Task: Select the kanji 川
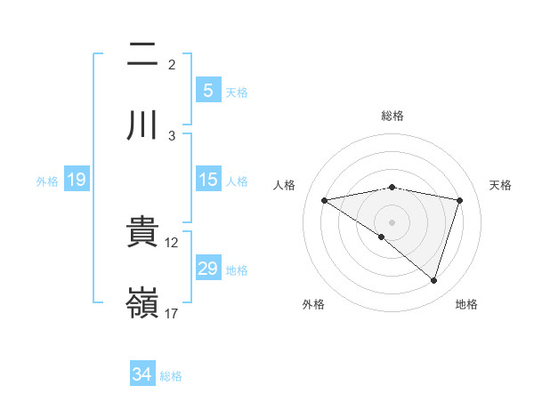[142, 125]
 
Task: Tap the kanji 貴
[142, 232]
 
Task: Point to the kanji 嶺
[142, 302]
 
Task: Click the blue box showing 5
[207, 91]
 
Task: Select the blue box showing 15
[207, 180]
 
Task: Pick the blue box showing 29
[207, 269]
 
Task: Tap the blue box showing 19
[76, 181]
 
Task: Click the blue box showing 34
[142, 375]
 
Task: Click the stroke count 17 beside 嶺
[172, 313]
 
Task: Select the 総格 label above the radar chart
[392, 116]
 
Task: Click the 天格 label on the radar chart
[501, 185]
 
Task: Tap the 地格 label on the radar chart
[466, 304]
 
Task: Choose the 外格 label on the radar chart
[313, 304]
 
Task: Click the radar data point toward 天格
[460, 200]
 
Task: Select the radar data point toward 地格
[434, 280]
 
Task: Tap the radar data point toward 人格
[325, 200]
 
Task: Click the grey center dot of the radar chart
[392, 221]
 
